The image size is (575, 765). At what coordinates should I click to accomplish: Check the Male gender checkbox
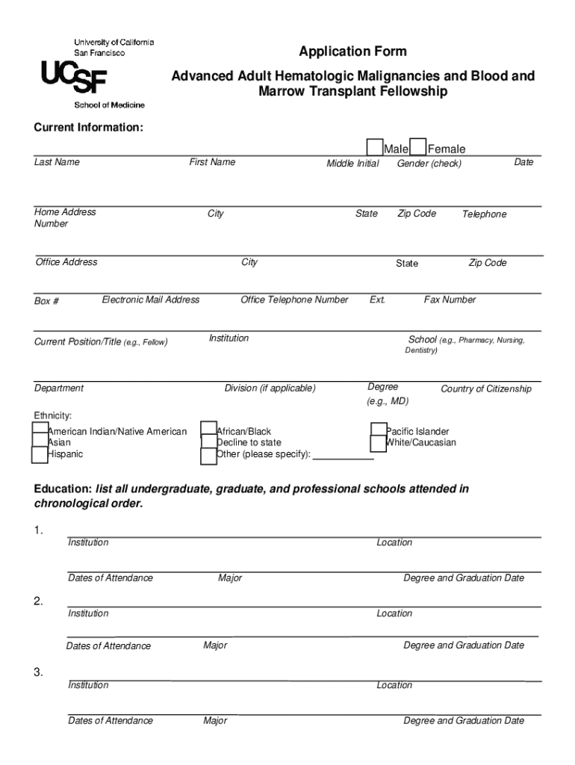pyautogui.click(x=374, y=147)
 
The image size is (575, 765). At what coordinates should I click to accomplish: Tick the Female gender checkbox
pyautogui.click(x=419, y=147)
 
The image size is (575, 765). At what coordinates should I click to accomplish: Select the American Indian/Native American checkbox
pyautogui.click(x=40, y=430)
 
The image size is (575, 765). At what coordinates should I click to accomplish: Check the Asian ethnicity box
pyautogui.click(x=40, y=442)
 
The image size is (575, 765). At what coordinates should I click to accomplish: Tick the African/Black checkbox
pyautogui.click(x=209, y=430)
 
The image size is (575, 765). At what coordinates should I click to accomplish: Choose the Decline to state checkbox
pyautogui.click(x=209, y=442)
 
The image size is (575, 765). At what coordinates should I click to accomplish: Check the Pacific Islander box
pyautogui.click(x=379, y=430)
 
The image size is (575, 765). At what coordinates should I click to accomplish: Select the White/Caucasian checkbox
pyautogui.click(x=379, y=443)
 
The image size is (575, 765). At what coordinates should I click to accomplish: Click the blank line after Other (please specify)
pyautogui.click(x=344, y=457)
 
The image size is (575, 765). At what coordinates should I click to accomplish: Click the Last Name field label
pyautogui.click(x=57, y=162)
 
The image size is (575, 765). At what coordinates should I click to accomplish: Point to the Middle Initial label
pyautogui.click(x=352, y=164)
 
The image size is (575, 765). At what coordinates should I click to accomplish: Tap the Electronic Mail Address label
pyautogui.click(x=151, y=300)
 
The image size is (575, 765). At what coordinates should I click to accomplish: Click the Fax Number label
pyautogui.click(x=450, y=300)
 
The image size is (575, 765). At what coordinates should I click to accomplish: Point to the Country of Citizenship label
pyautogui.click(x=486, y=388)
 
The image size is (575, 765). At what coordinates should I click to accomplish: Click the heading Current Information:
pyautogui.click(x=88, y=127)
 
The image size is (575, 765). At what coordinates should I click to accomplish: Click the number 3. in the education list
pyautogui.click(x=39, y=672)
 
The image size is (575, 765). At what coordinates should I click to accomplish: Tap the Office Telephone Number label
pyautogui.click(x=294, y=300)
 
